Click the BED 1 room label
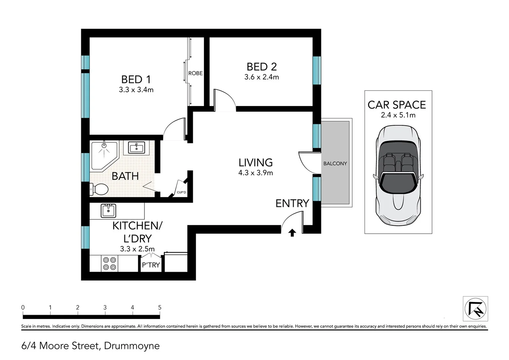tap(136, 80)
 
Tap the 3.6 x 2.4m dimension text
tap(261, 77)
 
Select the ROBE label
tap(196, 73)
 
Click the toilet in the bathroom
tap(99, 189)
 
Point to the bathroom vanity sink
tap(136, 147)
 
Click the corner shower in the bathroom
tap(104, 156)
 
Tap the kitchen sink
tap(108, 211)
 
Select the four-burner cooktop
tap(110, 263)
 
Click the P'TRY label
tap(151, 265)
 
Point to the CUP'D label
tap(181, 192)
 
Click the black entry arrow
tap(292, 233)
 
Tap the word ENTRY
tap(292, 203)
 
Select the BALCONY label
tap(335, 164)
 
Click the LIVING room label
tap(255, 163)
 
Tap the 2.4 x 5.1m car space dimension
tap(398, 115)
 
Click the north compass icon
tap(475, 309)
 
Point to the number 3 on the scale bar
tap(105, 307)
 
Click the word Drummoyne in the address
tap(132, 346)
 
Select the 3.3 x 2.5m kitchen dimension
tap(137, 249)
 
